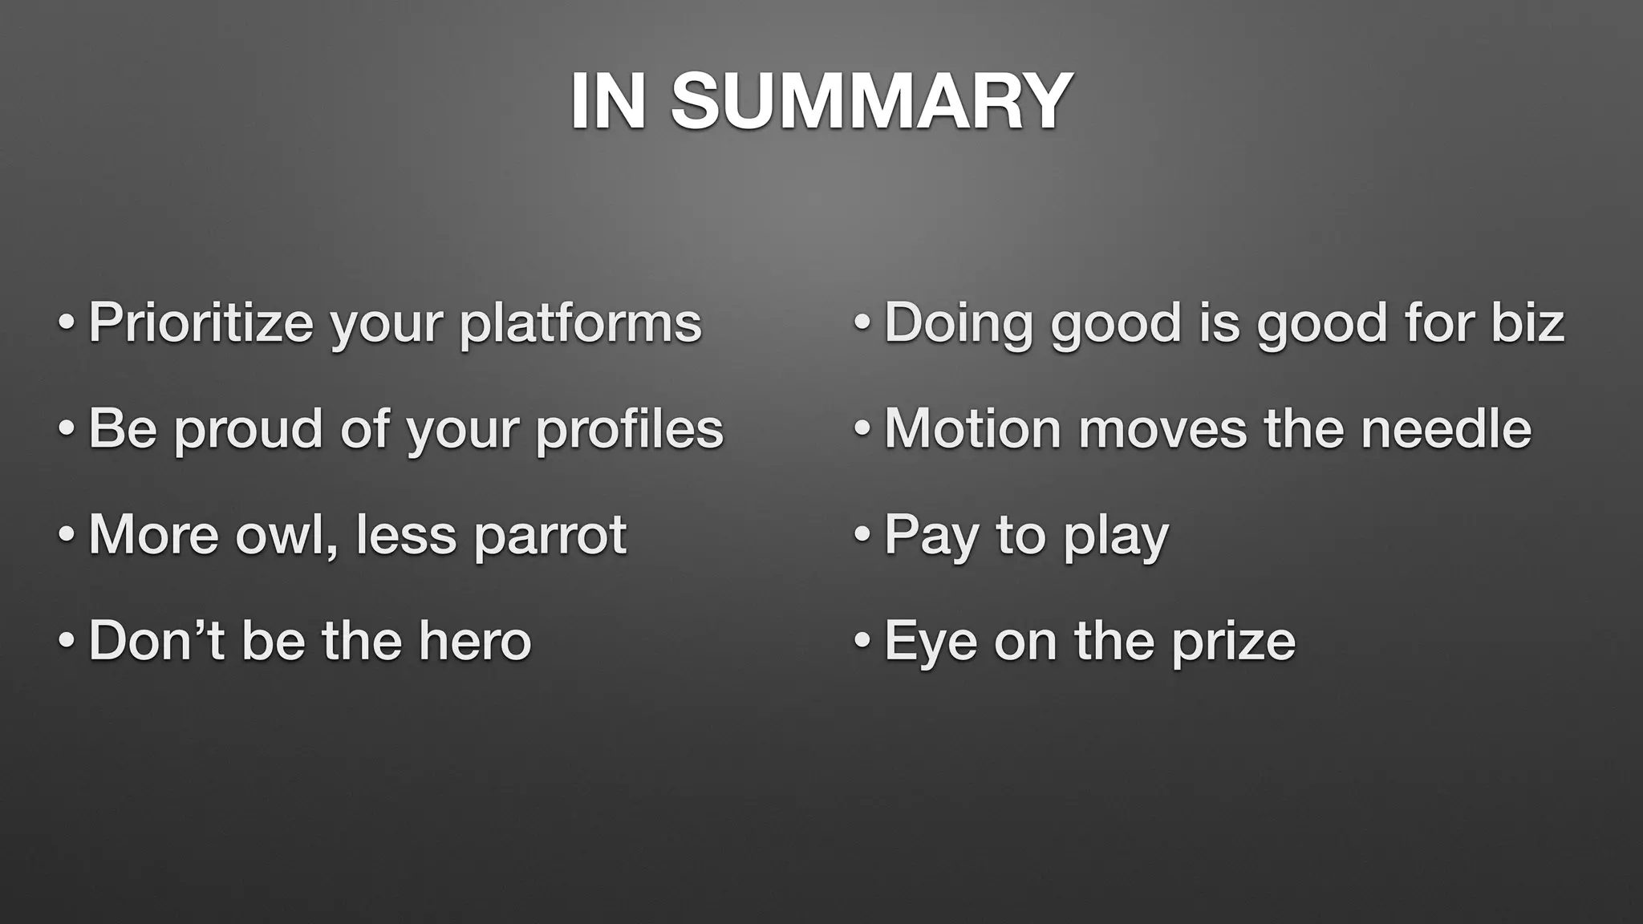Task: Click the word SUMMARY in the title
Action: [x=871, y=102]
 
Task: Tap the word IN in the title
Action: [x=608, y=102]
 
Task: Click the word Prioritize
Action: [x=201, y=322]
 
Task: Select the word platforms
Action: [x=580, y=324]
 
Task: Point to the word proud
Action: [x=249, y=429]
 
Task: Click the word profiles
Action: [x=629, y=429]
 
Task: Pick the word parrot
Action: [x=550, y=536]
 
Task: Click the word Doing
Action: [x=958, y=324]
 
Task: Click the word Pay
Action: [x=931, y=536]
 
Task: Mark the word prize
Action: [x=1233, y=642]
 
